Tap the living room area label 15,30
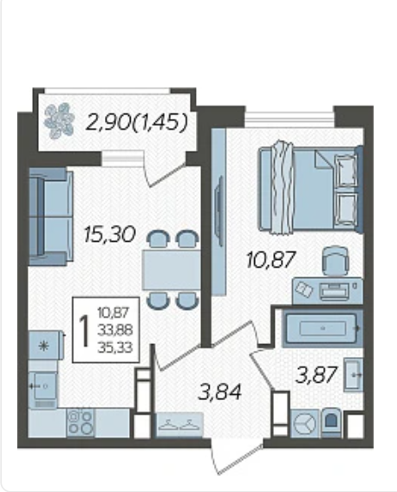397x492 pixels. [x=109, y=235]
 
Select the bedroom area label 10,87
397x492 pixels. [x=271, y=260]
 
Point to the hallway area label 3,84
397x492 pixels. [x=220, y=392]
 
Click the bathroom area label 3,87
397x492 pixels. [x=316, y=375]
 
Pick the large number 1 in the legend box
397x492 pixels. [x=84, y=331]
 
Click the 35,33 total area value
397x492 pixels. [x=115, y=347]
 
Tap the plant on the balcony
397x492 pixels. [x=59, y=120]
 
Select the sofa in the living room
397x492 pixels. [x=51, y=217]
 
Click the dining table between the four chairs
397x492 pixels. [x=172, y=270]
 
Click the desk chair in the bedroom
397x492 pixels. [x=335, y=261]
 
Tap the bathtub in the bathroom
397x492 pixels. [x=322, y=328]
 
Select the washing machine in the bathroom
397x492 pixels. [x=304, y=424]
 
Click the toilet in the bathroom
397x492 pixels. [x=332, y=423]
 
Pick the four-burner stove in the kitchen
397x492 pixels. [x=81, y=423]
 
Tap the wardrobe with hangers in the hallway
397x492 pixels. [x=179, y=424]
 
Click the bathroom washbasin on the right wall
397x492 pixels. [x=354, y=375]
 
